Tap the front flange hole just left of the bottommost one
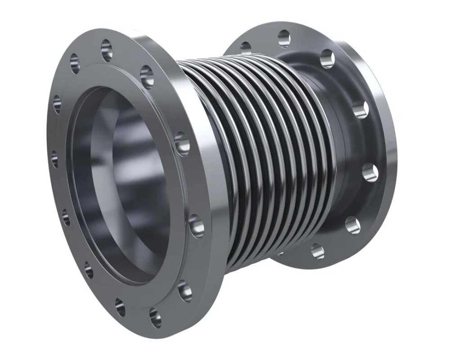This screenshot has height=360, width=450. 120,306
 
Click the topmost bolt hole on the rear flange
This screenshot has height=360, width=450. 284,38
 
